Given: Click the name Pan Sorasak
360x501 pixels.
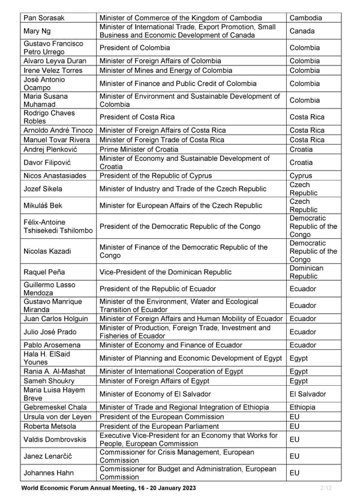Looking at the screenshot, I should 45,18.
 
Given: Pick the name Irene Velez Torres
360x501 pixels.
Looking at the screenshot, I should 53,70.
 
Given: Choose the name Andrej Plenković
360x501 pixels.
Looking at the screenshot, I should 49,149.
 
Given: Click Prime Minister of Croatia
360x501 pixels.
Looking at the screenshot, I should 139,149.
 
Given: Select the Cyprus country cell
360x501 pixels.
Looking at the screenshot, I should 301,176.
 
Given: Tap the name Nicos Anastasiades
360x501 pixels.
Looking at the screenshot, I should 55,176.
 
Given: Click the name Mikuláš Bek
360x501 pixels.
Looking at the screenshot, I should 43,206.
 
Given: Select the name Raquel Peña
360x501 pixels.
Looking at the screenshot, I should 44,272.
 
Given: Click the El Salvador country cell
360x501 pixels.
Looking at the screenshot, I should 308,394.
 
